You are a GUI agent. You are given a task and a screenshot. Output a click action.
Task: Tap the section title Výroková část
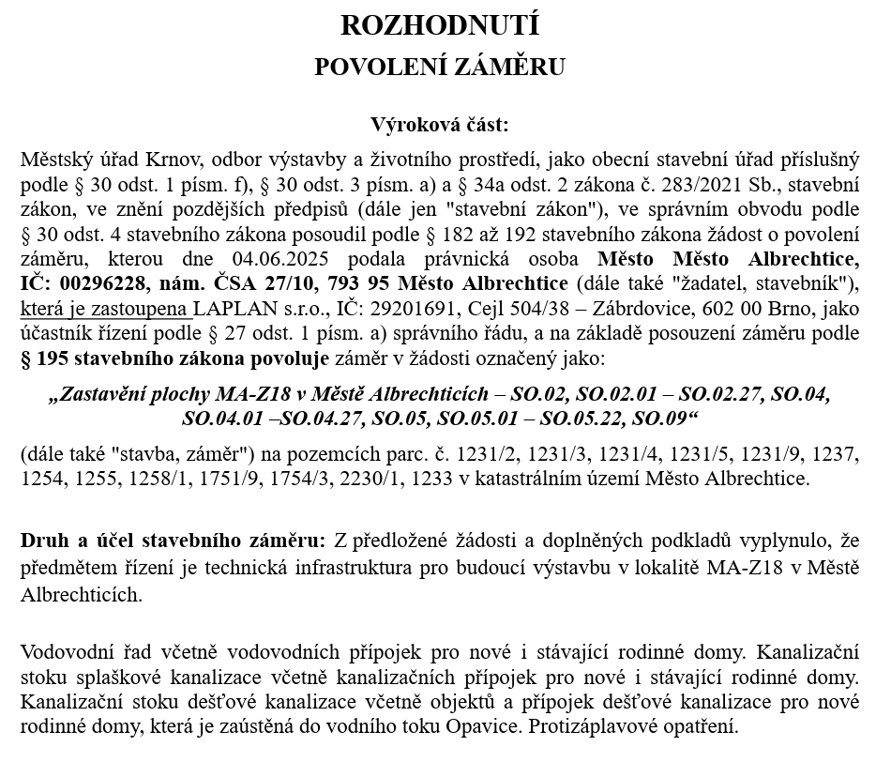[440, 125]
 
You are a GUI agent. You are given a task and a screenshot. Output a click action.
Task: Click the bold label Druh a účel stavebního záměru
[173, 541]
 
